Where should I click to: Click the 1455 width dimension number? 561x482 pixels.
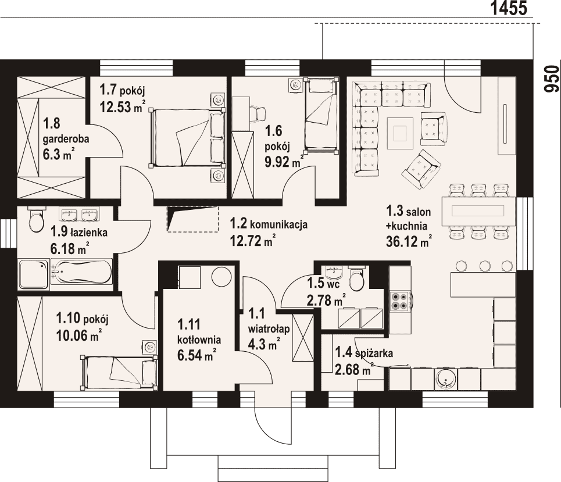click(509, 8)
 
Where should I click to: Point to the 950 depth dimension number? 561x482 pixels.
click(551, 78)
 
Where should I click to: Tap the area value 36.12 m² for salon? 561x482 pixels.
click(409, 241)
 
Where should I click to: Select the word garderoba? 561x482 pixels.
click(66, 139)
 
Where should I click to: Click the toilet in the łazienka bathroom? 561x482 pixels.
click(35, 220)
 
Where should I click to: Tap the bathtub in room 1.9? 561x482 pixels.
click(81, 272)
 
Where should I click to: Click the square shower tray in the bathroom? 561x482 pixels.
click(34, 274)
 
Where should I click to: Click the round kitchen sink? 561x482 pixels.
click(446, 379)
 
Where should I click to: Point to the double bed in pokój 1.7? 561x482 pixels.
click(187, 137)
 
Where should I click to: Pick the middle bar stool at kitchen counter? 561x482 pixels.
click(485, 266)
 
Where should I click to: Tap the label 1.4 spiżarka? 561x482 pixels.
click(363, 353)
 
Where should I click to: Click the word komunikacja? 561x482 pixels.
click(278, 224)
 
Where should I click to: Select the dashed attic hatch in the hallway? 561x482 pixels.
click(192, 219)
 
